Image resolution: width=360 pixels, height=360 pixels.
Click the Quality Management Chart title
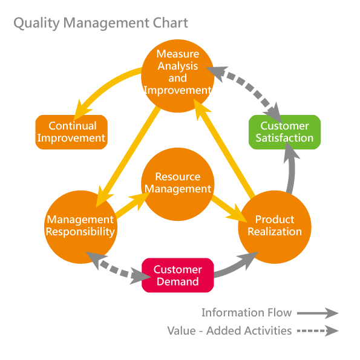click(101, 23)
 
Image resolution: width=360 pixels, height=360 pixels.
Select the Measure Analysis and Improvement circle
click(177, 76)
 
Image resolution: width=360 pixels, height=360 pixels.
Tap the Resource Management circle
click(177, 184)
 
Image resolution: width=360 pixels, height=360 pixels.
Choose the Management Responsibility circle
click(80, 227)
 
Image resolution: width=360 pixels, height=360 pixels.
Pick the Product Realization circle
click(275, 227)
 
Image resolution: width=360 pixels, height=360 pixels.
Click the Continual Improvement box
click(71, 132)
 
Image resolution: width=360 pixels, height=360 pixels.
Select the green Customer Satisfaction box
click(285, 132)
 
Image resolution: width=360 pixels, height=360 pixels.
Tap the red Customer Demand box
click(178, 275)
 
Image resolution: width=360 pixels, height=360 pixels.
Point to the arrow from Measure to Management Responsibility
click(128, 156)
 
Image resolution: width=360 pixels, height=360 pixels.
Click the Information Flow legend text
click(247, 312)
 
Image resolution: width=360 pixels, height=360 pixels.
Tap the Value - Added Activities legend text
click(229, 331)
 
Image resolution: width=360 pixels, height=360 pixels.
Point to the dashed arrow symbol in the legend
click(318, 331)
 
